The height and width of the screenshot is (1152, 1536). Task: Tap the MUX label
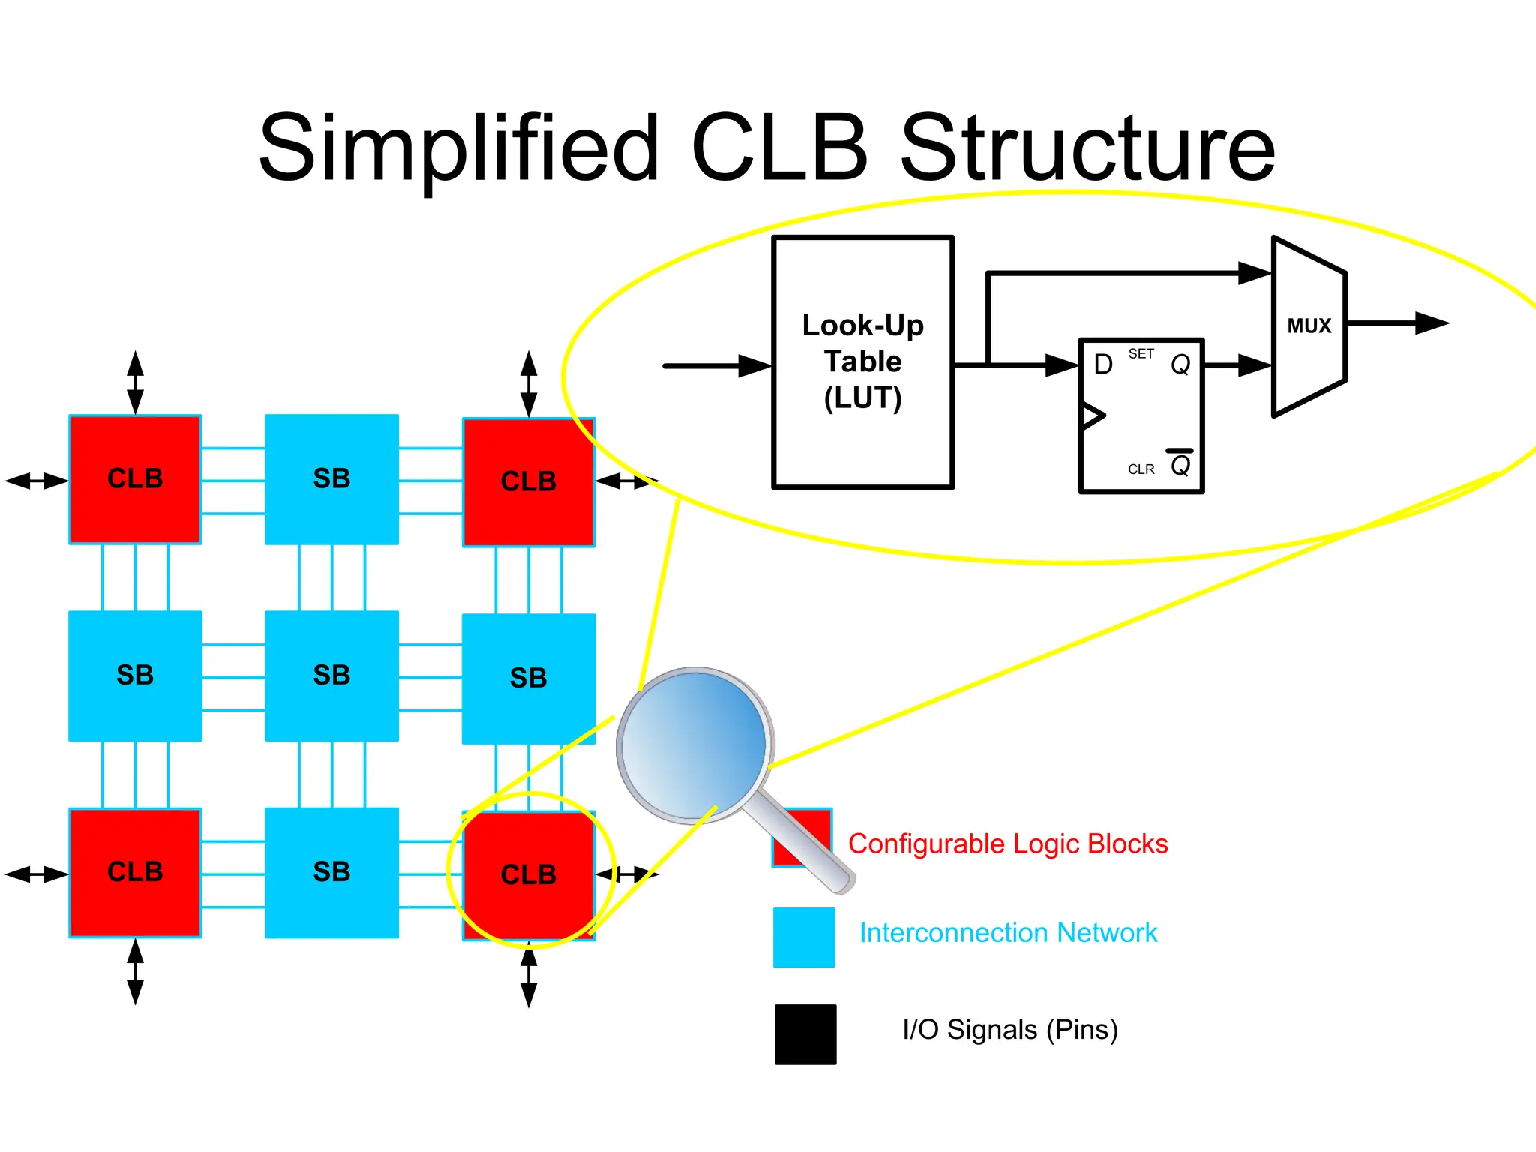point(1309,325)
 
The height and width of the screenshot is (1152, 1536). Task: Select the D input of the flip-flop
point(1102,364)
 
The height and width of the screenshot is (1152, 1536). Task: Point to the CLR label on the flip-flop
point(1141,469)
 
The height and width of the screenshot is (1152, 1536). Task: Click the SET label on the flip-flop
point(1141,353)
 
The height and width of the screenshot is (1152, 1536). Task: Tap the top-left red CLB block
point(135,478)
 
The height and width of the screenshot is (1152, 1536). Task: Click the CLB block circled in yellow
point(529,874)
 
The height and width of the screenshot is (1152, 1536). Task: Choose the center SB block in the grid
point(331,675)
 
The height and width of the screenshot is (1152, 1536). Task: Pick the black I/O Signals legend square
point(805,1034)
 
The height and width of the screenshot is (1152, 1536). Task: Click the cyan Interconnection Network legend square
point(803,937)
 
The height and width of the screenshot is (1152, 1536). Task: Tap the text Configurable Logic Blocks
point(1007,844)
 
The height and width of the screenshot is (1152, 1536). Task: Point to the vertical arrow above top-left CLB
point(135,382)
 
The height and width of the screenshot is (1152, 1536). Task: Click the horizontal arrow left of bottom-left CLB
point(36,874)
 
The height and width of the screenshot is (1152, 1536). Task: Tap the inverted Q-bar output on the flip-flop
point(1180,465)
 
